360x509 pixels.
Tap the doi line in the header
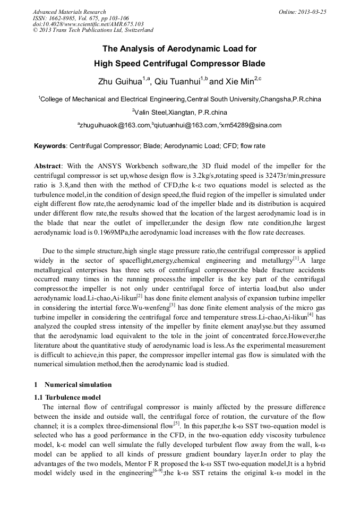click(x=88, y=24)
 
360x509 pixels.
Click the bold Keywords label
click(x=50, y=145)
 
